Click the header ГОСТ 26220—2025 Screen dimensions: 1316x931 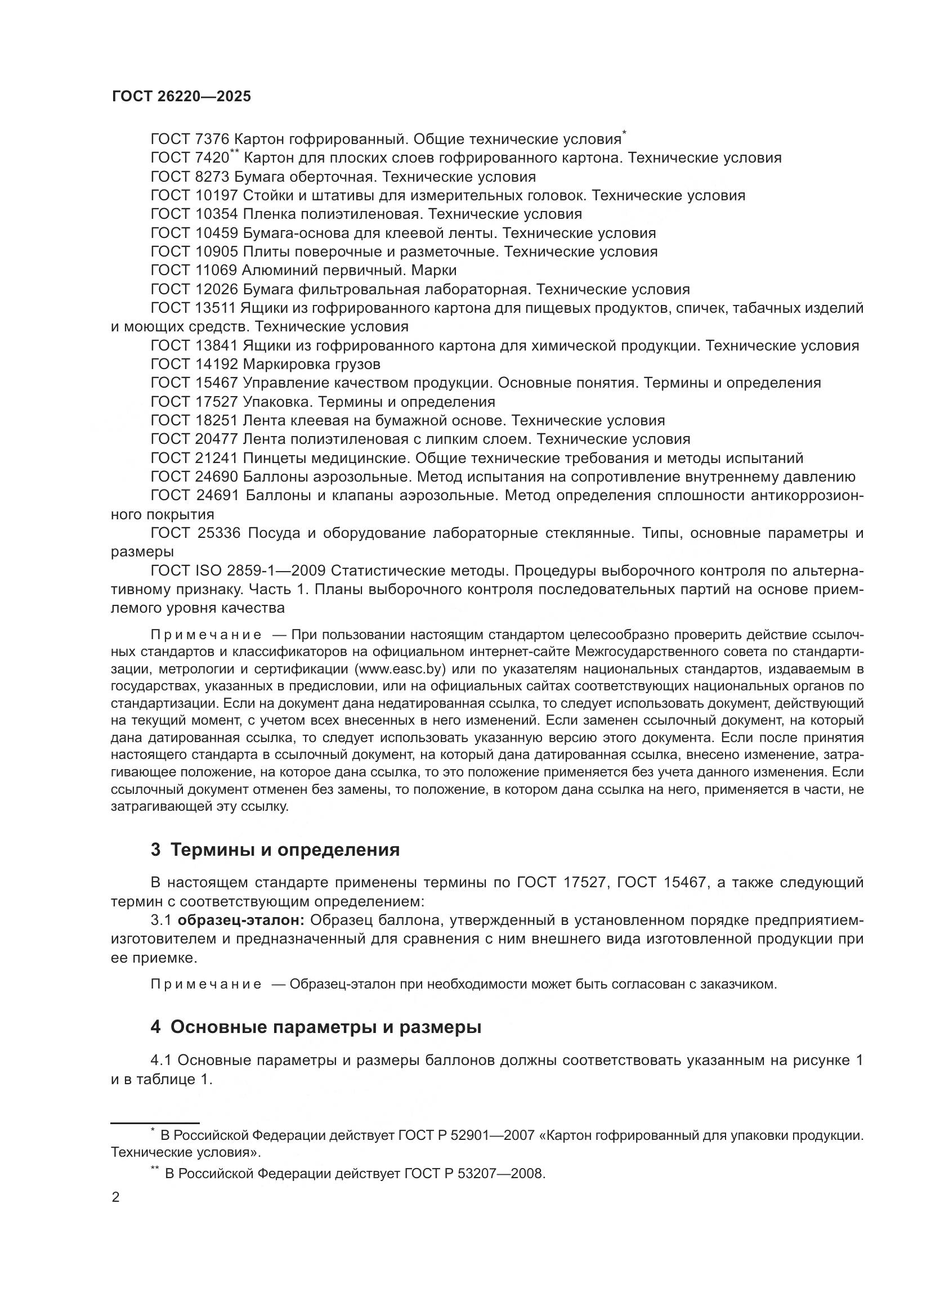tap(181, 96)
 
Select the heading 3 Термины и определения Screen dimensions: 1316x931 tap(275, 850)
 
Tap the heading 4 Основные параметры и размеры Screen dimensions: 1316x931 tap(316, 1027)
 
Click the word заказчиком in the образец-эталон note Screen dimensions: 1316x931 tap(739, 984)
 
